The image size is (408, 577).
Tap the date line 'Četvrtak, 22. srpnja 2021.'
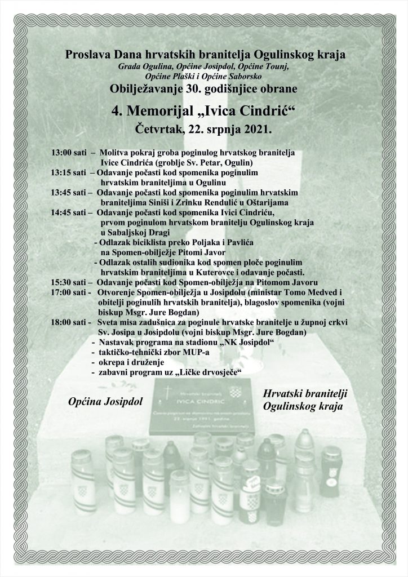[205, 129]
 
